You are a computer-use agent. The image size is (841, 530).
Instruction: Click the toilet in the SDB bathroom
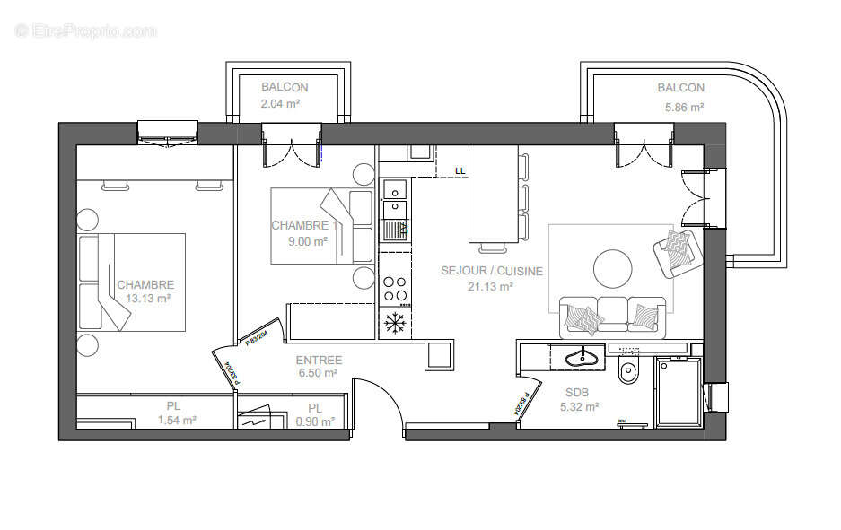(x=629, y=371)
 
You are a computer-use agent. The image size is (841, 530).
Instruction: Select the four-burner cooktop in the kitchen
(x=394, y=289)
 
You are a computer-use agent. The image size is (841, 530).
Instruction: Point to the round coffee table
(x=612, y=267)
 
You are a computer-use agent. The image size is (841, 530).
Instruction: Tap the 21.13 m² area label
(x=491, y=286)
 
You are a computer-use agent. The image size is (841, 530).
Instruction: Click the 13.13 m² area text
(x=148, y=299)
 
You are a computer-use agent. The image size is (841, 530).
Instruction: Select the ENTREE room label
(x=319, y=360)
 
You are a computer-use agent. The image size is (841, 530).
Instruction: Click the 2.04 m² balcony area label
(x=280, y=104)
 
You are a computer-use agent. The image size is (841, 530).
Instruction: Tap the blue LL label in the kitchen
(x=460, y=169)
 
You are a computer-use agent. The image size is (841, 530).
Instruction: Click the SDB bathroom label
(x=577, y=392)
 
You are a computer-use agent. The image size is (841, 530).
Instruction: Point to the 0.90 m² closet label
(x=315, y=421)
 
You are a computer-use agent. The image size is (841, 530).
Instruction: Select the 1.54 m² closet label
(x=177, y=420)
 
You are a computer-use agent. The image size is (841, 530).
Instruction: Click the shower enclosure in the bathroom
(x=677, y=393)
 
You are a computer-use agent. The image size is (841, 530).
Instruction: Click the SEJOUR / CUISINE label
(x=491, y=271)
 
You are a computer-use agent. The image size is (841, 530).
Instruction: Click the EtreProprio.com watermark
(x=85, y=30)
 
